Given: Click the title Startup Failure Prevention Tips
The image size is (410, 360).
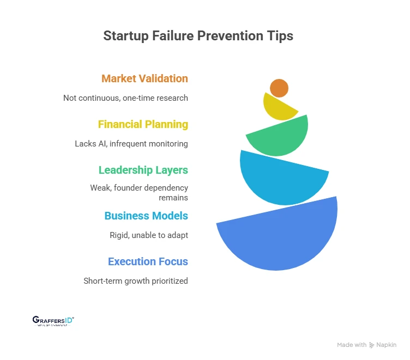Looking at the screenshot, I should [x=198, y=36].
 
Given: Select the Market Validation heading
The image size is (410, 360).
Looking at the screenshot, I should [x=144, y=78].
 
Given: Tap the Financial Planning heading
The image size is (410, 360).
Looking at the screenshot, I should [x=143, y=124].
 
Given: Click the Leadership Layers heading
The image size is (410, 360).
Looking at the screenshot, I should [x=143, y=170].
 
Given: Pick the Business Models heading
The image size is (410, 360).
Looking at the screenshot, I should [x=146, y=216].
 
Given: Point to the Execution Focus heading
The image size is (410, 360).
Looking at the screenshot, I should [x=148, y=261].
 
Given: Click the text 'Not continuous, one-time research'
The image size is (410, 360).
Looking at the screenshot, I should [x=125, y=98].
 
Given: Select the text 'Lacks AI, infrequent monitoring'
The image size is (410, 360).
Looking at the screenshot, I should [x=131, y=144].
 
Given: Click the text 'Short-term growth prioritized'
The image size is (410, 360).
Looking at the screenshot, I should [x=136, y=281].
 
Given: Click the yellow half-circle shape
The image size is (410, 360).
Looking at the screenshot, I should [x=277, y=108].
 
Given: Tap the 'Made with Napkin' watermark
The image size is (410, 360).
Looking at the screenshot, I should [x=366, y=345].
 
